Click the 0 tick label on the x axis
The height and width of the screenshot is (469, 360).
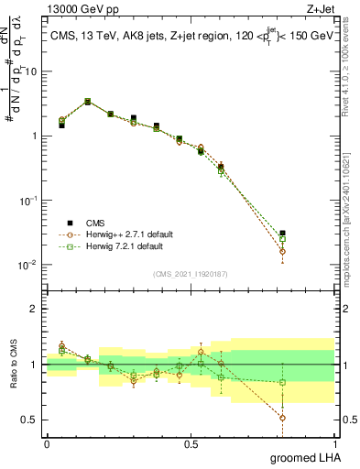coord(47,443)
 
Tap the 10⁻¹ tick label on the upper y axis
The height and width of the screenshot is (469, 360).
coord(29,201)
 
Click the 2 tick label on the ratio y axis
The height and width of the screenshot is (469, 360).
coord(35,309)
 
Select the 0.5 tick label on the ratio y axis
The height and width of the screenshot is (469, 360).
coord(31,420)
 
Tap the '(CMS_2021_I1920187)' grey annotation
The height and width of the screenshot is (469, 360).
coord(190,272)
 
